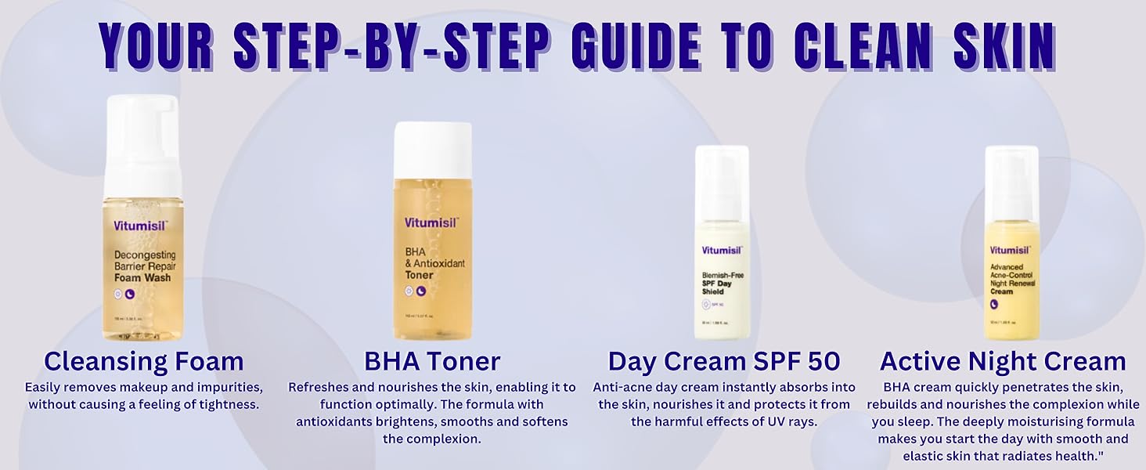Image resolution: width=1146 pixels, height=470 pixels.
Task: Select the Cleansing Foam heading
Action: pos(144,361)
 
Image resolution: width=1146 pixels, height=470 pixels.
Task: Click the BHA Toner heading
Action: pos(432,361)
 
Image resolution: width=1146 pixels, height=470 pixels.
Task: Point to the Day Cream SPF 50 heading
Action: pos(724,361)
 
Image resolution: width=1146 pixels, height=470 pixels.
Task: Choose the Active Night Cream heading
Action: pos(1003,361)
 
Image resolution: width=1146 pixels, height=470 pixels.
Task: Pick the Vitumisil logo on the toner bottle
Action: pos(428,222)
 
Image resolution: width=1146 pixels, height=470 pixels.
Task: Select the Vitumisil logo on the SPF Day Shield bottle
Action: pos(719,251)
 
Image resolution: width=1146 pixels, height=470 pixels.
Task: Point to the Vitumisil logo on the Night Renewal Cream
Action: pos(1010,251)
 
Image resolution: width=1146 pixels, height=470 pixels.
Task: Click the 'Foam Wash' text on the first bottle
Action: pos(142,277)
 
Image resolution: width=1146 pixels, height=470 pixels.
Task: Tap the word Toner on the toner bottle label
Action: pos(419,275)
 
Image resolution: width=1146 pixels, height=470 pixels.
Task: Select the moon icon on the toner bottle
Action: pos(421,291)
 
